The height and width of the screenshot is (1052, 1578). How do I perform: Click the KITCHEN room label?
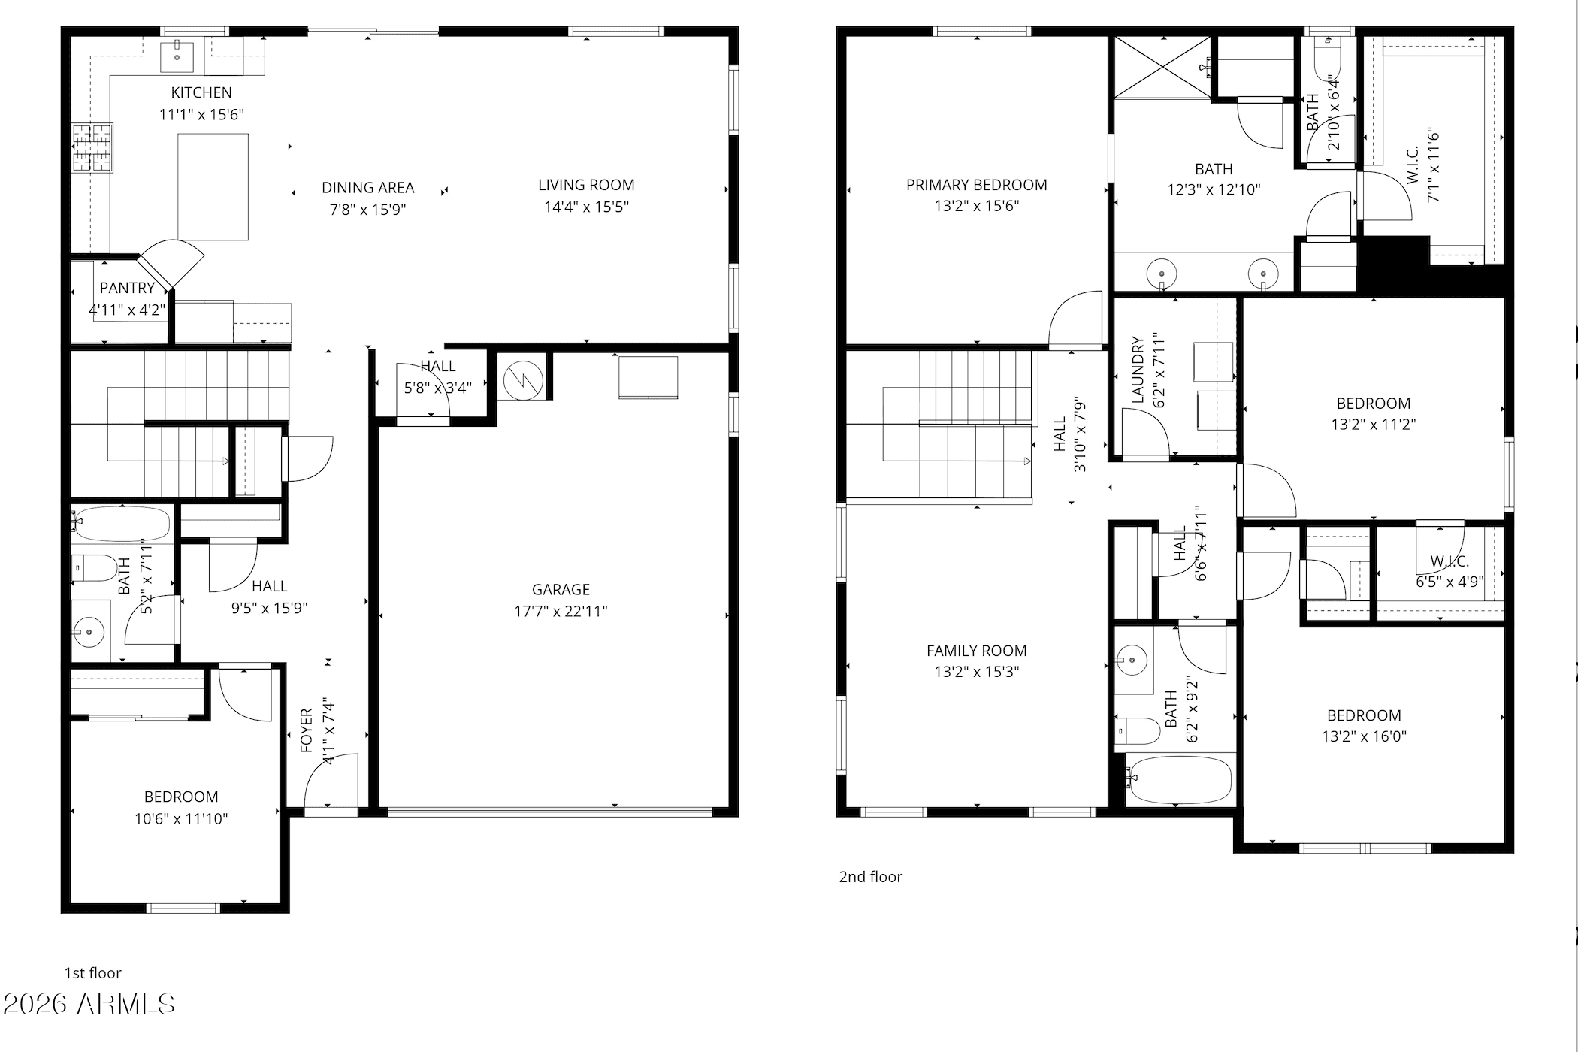click(201, 92)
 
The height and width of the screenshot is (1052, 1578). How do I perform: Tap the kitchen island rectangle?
click(213, 187)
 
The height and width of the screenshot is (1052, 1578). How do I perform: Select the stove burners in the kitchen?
click(92, 148)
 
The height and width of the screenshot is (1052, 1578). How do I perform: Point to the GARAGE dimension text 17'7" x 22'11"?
click(561, 611)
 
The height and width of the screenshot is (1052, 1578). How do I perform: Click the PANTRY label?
click(127, 288)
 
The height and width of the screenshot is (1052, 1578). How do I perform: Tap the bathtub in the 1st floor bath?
click(122, 524)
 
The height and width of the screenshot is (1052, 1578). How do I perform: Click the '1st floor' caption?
click(92, 973)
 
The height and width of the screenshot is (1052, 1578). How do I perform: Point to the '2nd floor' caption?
click(870, 877)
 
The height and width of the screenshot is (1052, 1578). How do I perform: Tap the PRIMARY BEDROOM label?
click(976, 185)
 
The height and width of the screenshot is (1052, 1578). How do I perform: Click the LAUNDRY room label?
click(1138, 370)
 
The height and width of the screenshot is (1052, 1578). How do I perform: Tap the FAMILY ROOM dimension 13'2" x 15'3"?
click(976, 672)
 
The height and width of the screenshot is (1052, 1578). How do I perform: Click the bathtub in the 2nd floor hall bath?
click(1180, 780)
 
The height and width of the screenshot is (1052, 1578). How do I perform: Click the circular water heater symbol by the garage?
click(523, 380)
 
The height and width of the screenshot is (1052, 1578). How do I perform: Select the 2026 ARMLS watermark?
click(89, 1005)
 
